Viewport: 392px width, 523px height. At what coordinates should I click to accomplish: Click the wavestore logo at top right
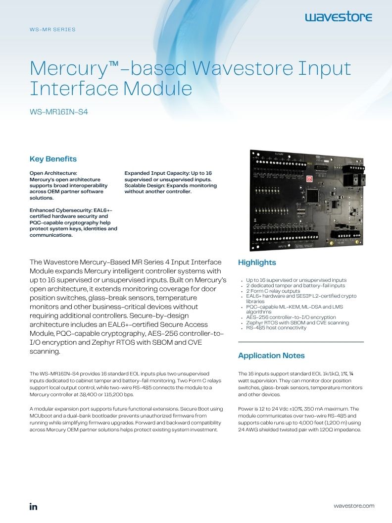coord(339,17)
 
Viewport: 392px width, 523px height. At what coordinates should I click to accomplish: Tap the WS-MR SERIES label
coord(52,29)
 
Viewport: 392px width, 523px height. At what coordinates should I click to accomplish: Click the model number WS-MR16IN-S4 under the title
coord(59,112)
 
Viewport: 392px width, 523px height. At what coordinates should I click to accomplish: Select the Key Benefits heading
coord(53,159)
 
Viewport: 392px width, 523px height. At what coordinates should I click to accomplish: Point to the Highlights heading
coord(257,262)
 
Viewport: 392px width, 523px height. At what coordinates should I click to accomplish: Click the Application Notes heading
coord(271,356)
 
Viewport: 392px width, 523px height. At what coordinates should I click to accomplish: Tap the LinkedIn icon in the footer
coord(33,507)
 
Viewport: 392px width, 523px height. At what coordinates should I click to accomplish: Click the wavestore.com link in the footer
coord(354,506)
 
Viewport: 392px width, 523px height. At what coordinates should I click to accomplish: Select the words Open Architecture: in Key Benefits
coord(53,173)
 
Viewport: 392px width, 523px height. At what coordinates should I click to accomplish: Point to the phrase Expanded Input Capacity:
coord(157,173)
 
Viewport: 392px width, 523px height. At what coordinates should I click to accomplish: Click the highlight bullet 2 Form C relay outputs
coord(273,291)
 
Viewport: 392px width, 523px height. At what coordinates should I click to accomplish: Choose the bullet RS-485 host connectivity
coord(276,328)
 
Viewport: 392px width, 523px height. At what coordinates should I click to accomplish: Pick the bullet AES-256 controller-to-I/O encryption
coord(291,317)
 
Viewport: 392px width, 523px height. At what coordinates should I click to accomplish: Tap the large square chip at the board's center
coord(312,196)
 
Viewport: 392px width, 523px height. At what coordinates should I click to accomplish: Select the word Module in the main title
coord(158,89)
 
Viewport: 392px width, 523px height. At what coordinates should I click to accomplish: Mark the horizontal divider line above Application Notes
coord(300,342)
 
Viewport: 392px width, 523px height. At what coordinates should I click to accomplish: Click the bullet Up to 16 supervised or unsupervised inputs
coord(296,280)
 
